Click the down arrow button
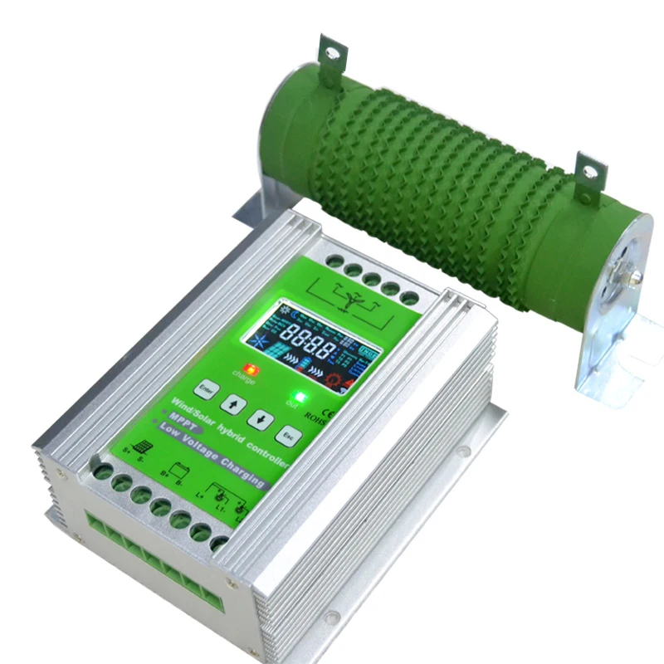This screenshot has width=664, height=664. (x=260, y=419)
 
